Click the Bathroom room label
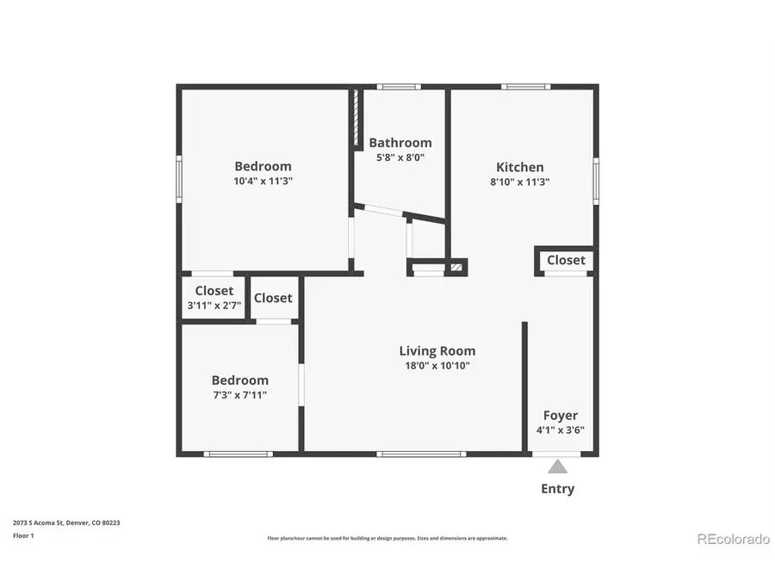pos(400,143)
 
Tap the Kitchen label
pos(519,167)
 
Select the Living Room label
pos(437,350)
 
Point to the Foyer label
pos(560,415)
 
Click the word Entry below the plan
pos(557,489)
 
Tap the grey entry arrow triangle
pos(558,467)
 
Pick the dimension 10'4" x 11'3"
pos(263,182)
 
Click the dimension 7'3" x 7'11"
pos(239,395)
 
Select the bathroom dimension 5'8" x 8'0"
pos(400,158)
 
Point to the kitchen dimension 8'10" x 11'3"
pos(519,182)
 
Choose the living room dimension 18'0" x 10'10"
pos(437,365)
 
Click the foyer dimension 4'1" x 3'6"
pos(560,430)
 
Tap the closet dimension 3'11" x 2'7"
pos(214,305)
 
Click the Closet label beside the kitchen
pos(566,260)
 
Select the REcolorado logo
pos(732,539)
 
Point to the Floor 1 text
pos(23,535)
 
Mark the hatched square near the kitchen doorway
pos(456,269)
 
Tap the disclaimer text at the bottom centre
pos(387,538)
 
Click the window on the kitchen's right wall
pos(595,181)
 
